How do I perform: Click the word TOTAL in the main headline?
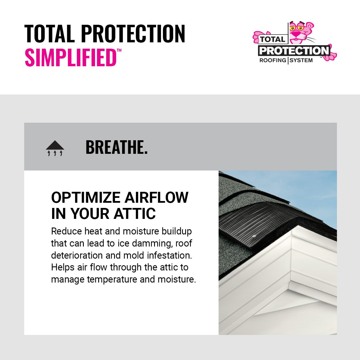(x=49, y=34)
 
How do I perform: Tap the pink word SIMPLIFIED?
(x=70, y=58)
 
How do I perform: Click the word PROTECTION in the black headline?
(x=133, y=34)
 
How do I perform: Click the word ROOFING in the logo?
(x=273, y=60)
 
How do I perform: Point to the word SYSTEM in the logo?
(x=301, y=60)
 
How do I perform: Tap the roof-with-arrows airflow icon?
(x=55, y=148)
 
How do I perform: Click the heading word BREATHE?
(x=116, y=147)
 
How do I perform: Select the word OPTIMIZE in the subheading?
(x=86, y=198)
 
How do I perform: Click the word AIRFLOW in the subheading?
(x=156, y=198)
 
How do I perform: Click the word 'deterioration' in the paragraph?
(x=77, y=256)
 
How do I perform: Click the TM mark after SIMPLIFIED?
(x=119, y=51)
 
